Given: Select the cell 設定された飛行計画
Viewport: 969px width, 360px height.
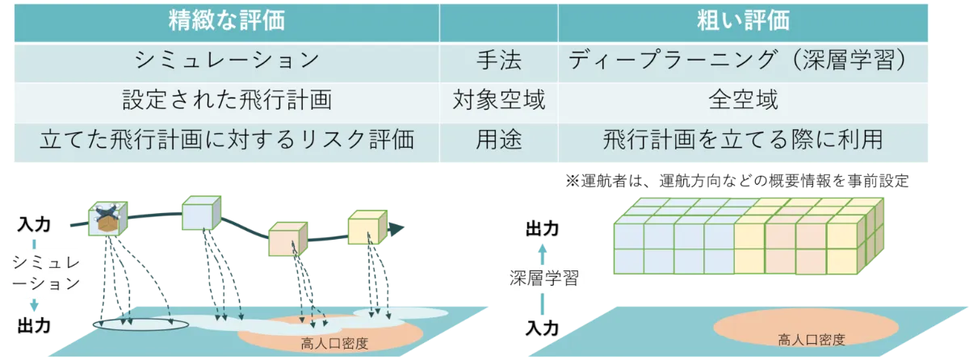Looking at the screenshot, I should [x=227, y=101].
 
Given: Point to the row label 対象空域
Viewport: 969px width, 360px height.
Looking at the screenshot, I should [x=498, y=101].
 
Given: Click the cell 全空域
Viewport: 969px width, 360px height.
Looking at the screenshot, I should [x=743, y=101].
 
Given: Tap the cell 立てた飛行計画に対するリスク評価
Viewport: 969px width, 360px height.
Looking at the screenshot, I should [x=227, y=140].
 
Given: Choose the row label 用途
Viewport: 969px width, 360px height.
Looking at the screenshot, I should [x=498, y=140].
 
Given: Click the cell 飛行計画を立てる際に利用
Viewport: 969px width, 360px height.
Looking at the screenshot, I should [x=743, y=140].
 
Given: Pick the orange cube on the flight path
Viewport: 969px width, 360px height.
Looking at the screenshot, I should [x=287, y=239].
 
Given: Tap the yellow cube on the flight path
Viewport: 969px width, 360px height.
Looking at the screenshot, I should [x=367, y=228].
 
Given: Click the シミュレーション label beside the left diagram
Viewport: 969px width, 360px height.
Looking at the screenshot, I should [x=33, y=274].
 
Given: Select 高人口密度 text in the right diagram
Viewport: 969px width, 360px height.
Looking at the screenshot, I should [x=806, y=339].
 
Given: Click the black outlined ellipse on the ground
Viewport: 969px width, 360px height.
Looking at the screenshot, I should [x=141, y=324].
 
